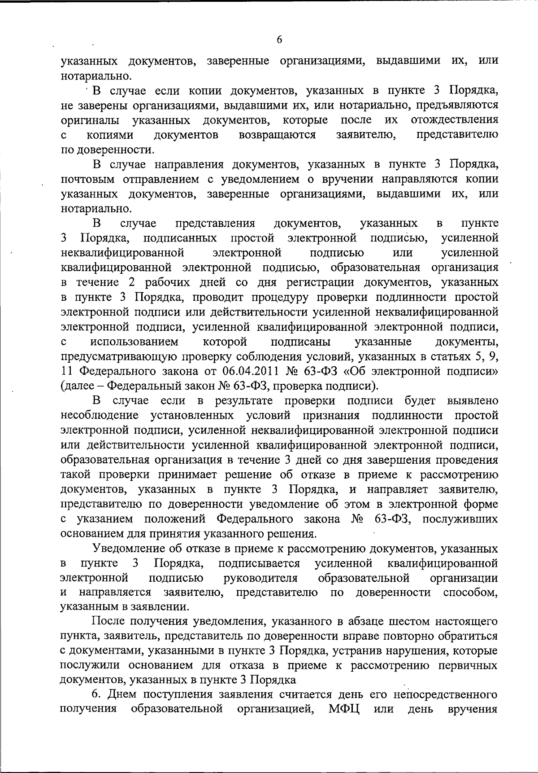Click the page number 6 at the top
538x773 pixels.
tap(279, 40)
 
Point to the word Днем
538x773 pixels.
tap(122, 695)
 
